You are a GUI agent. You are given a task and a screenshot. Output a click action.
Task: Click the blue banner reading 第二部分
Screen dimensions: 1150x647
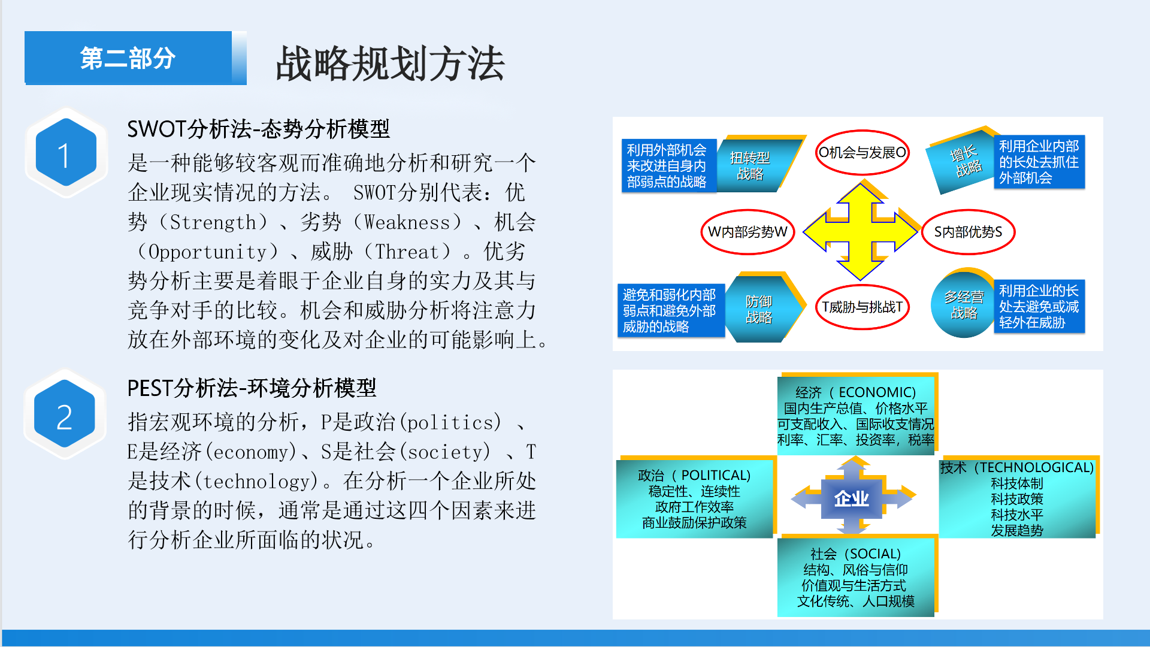coord(128,58)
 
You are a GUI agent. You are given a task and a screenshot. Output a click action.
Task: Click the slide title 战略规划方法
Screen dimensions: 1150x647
coord(390,64)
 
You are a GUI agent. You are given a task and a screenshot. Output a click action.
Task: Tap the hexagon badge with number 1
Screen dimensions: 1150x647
coord(66,153)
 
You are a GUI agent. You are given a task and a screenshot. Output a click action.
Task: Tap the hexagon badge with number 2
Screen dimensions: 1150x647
coord(65,415)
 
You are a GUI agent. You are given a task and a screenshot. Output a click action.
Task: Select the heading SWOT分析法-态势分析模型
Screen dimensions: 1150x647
coord(258,129)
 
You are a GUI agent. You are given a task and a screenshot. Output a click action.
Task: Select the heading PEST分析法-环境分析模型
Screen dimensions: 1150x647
coord(252,388)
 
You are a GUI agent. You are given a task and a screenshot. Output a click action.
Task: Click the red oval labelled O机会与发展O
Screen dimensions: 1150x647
coord(862,153)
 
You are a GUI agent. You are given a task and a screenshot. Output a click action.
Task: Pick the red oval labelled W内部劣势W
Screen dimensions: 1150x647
coord(747,232)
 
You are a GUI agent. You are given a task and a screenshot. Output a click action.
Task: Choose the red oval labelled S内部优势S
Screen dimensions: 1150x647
coord(968,232)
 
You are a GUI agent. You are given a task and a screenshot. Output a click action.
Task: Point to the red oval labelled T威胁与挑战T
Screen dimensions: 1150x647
coord(862,307)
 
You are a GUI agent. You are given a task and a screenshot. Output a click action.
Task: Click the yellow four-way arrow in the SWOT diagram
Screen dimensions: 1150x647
coord(860,232)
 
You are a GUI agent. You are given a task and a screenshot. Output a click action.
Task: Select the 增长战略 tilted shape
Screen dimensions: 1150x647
coord(962,161)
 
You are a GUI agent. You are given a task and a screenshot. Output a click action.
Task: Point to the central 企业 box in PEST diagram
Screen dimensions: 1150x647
coord(852,498)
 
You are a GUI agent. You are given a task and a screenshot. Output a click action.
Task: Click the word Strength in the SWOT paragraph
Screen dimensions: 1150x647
coord(213,222)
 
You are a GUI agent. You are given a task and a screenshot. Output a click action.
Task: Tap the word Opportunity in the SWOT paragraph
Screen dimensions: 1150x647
coord(207,252)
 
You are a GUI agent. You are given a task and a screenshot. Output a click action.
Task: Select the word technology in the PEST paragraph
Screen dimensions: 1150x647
coord(261,481)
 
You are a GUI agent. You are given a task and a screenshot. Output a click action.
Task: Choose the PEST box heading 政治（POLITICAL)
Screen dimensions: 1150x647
coord(694,476)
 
